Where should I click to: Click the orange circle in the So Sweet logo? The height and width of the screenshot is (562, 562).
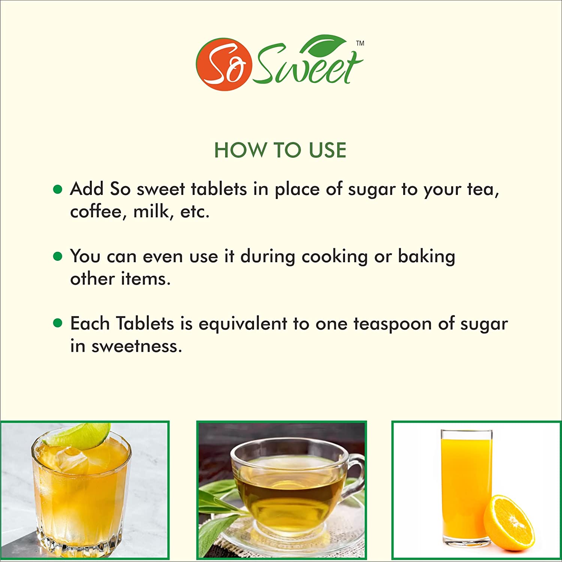(x=224, y=64)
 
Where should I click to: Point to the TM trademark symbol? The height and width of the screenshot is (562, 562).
(x=360, y=43)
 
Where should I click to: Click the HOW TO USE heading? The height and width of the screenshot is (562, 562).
(x=280, y=150)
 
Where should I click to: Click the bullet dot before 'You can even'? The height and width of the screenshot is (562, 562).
(x=57, y=256)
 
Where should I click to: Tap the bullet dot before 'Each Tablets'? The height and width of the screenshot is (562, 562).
(x=57, y=323)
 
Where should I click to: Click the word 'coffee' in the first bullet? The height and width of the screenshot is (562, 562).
(x=96, y=211)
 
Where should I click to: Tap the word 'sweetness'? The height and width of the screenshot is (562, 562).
(x=137, y=346)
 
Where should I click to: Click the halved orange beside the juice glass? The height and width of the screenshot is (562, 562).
(x=509, y=522)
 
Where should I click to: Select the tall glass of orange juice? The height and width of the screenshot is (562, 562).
(x=466, y=487)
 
